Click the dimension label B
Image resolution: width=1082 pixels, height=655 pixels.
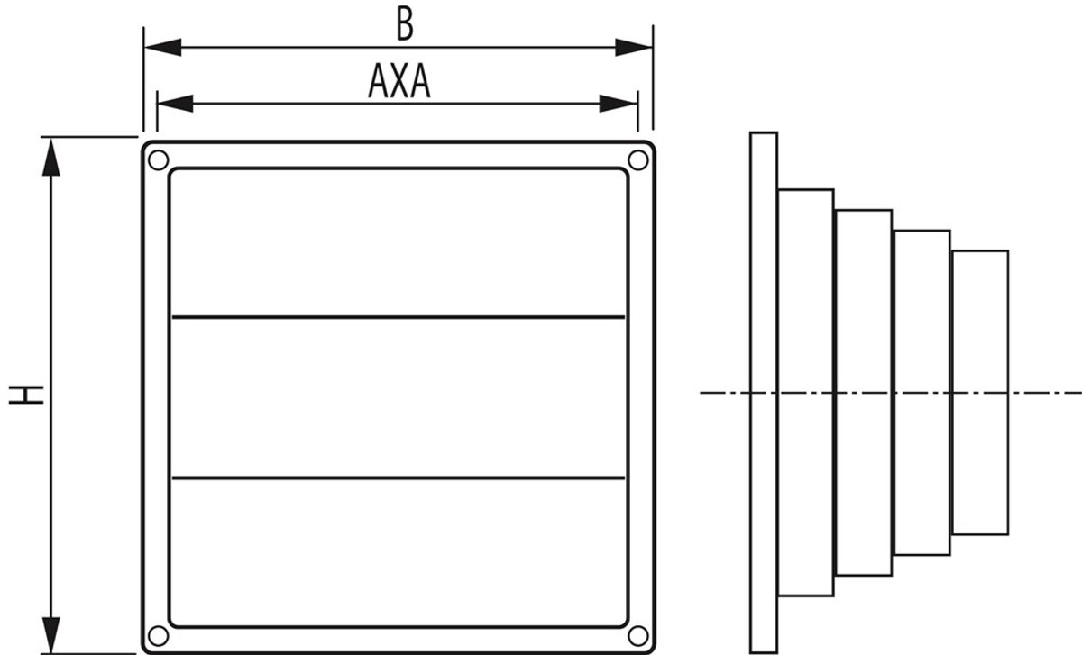click(405, 25)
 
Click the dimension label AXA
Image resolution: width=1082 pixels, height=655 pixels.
click(399, 81)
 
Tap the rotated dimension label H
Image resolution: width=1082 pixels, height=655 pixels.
click(26, 395)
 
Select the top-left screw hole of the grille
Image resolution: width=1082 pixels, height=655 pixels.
click(158, 159)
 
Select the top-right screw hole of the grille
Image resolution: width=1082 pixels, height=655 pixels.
click(638, 159)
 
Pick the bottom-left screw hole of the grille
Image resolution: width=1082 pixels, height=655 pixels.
click(158, 636)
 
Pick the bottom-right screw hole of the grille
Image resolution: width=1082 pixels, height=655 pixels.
click(638, 636)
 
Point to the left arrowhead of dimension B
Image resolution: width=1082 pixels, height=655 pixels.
click(163, 48)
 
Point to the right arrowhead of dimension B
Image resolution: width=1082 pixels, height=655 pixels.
click(634, 48)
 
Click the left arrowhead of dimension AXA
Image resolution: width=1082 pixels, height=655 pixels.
click(175, 104)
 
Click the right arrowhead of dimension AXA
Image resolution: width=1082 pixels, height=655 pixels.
click(619, 104)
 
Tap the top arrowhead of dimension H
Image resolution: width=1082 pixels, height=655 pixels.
click(51, 157)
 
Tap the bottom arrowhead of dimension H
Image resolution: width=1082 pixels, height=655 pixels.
click(51, 635)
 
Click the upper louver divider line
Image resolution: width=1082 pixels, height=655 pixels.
click(399, 317)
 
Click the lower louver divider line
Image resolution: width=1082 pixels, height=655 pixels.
click(399, 478)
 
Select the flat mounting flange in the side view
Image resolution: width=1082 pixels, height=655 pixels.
click(764, 393)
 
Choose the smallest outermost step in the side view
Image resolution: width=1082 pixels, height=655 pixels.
click(980, 393)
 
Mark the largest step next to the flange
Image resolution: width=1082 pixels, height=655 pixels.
click(806, 393)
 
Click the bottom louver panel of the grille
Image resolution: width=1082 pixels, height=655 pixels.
click(399, 551)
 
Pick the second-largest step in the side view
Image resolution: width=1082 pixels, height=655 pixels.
click(864, 393)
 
